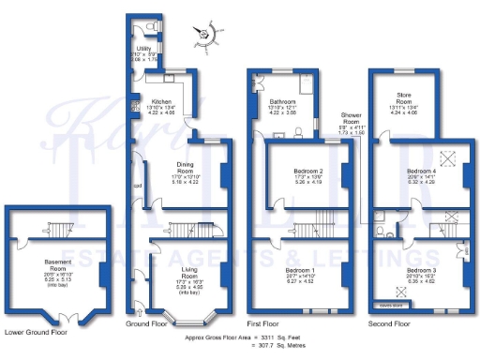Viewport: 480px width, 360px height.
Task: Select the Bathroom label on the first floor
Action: click(x=282, y=100)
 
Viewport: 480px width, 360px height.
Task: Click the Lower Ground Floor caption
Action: click(x=35, y=331)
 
